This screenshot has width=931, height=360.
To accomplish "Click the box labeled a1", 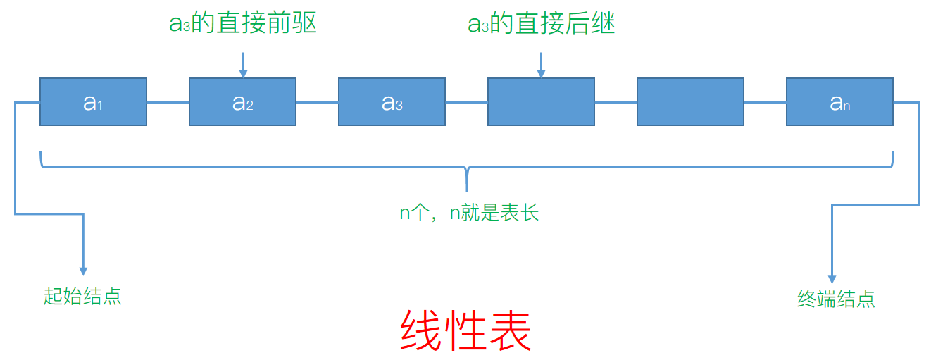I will [93, 102].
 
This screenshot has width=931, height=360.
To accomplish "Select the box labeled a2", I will [242, 102].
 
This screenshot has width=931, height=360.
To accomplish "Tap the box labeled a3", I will [392, 102].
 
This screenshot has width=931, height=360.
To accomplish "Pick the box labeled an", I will [839, 102].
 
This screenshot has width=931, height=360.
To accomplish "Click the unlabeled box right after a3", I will [541, 102].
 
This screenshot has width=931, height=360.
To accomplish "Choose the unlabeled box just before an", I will [690, 102].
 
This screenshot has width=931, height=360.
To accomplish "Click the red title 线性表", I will [465, 330].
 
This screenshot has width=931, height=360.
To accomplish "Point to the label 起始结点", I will [82, 296].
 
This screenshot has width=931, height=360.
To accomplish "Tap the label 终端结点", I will [836, 299].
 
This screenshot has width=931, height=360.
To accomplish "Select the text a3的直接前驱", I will [243, 23].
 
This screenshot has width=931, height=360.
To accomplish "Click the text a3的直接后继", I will [542, 24].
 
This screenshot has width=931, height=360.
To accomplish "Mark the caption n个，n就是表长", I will [469, 212].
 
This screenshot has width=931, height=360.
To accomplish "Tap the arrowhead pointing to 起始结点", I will [83, 271].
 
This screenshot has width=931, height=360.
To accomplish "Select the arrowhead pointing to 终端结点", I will [832, 279].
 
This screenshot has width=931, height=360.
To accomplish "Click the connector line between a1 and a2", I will [168, 103].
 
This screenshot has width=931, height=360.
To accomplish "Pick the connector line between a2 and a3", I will [317, 103].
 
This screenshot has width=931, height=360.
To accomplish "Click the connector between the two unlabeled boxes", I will [616, 103].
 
